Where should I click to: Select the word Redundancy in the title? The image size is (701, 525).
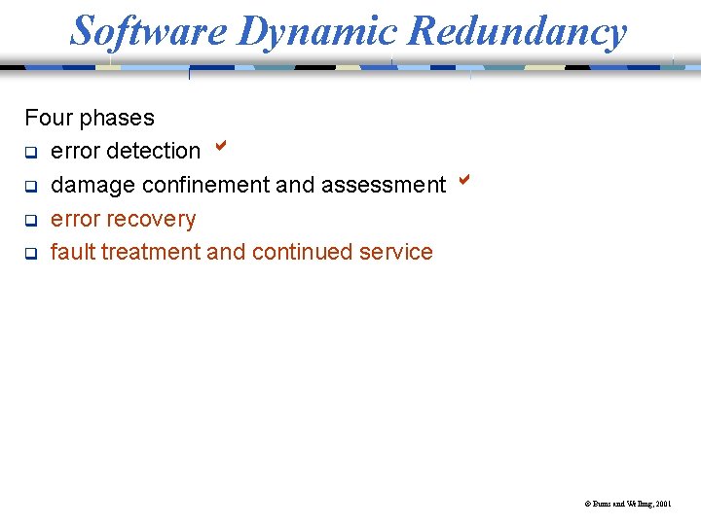[518, 31]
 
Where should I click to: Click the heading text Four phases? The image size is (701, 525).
[90, 118]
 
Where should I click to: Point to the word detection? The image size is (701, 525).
[153, 151]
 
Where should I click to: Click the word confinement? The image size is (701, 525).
[205, 185]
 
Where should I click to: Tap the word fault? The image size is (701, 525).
[72, 252]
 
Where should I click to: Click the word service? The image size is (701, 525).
[396, 252]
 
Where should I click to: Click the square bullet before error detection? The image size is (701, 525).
[30, 153]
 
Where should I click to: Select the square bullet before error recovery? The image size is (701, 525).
[30, 220]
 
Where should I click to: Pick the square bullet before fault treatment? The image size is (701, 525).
[30, 254]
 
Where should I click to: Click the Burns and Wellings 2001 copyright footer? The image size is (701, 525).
[627, 505]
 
